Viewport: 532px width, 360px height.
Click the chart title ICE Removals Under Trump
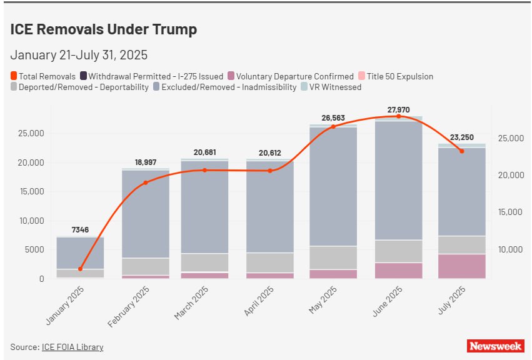(103, 29)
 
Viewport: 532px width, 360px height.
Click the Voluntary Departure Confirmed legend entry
(291, 76)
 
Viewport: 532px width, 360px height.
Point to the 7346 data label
(80, 230)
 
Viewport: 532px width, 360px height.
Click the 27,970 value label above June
(399, 110)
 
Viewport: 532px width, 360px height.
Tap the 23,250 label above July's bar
(461, 137)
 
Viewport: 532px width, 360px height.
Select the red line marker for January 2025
(80, 269)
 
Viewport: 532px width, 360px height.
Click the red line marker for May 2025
(333, 126)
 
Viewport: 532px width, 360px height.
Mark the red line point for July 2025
(461, 151)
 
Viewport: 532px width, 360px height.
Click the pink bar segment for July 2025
(461, 266)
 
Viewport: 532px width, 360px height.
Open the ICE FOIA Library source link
(73, 347)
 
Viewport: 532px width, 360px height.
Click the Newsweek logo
(495, 346)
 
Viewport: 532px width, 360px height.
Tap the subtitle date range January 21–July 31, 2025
(79, 54)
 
